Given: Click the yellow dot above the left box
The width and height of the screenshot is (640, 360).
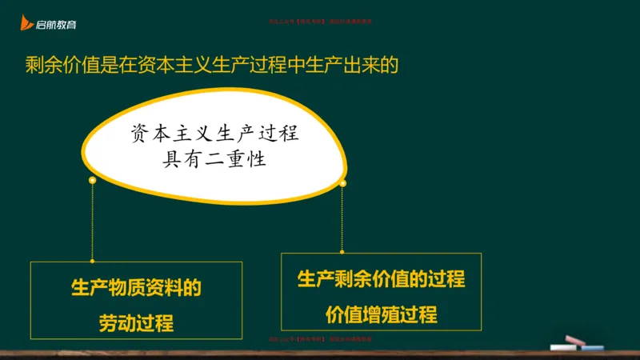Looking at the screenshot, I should [93, 181].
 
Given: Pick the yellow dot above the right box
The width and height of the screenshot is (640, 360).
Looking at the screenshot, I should [342, 184].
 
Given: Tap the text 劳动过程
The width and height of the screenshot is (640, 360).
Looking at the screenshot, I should [136, 323].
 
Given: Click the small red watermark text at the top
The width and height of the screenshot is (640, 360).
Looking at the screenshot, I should [319, 23].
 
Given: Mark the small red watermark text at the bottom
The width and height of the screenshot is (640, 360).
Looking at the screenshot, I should [319, 339].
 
